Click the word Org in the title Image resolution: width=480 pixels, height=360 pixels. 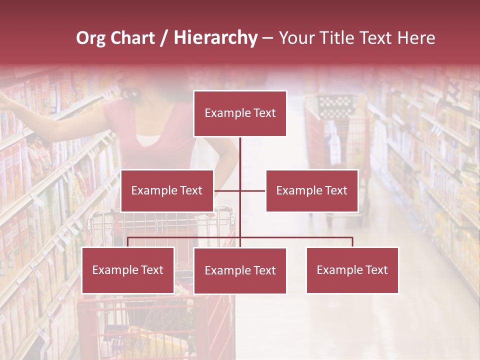[90, 38]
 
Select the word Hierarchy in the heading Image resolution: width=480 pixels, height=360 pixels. [215, 38]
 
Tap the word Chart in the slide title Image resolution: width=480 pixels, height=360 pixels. [132, 38]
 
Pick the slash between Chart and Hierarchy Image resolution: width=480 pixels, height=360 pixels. [164, 38]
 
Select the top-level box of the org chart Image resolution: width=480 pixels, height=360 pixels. [240, 113]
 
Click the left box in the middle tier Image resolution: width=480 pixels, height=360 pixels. [167, 190]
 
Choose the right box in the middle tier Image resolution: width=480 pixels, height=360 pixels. [312, 190]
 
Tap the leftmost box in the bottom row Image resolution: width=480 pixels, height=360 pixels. [128, 270]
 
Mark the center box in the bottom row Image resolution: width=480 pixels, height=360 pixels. [240, 270]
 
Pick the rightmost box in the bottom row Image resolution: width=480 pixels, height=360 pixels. [352, 270]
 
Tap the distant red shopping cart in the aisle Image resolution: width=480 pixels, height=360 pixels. [335, 130]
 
